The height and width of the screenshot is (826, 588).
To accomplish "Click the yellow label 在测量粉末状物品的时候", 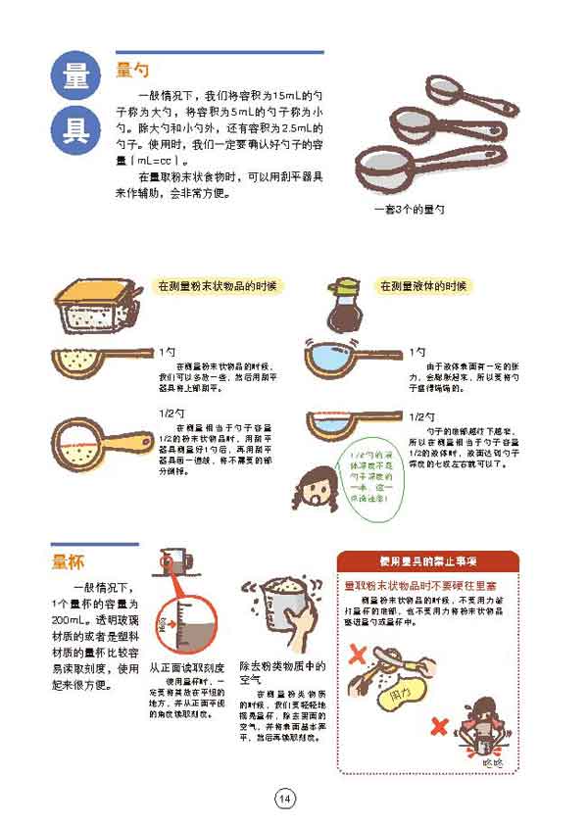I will point(220,287).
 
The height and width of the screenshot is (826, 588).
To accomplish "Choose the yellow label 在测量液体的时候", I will point(424,287).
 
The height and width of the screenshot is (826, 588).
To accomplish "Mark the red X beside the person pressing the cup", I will point(440,727).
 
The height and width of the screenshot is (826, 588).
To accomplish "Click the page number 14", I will point(284,799).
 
